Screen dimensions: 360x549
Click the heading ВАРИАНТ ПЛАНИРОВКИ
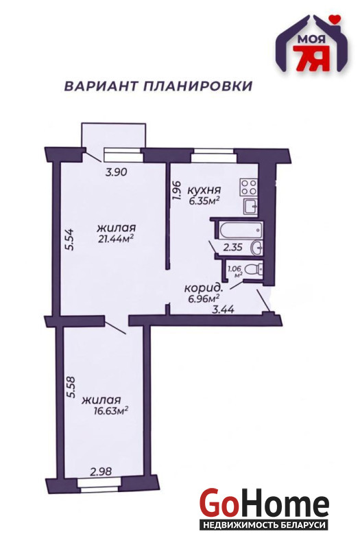point(158,86)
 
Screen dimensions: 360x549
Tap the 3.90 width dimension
point(116,172)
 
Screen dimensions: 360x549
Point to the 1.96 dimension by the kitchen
point(176,190)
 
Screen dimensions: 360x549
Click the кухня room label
point(204,190)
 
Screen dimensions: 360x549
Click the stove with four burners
point(249,187)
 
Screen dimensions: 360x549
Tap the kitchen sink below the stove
point(250,207)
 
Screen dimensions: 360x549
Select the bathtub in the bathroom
point(241,229)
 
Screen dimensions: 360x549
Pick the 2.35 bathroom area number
point(232,248)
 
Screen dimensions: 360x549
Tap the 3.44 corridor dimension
point(224,309)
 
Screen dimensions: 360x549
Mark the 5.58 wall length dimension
point(71,387)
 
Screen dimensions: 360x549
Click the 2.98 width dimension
point(101,471)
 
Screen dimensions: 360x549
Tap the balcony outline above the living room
point(113,124)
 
